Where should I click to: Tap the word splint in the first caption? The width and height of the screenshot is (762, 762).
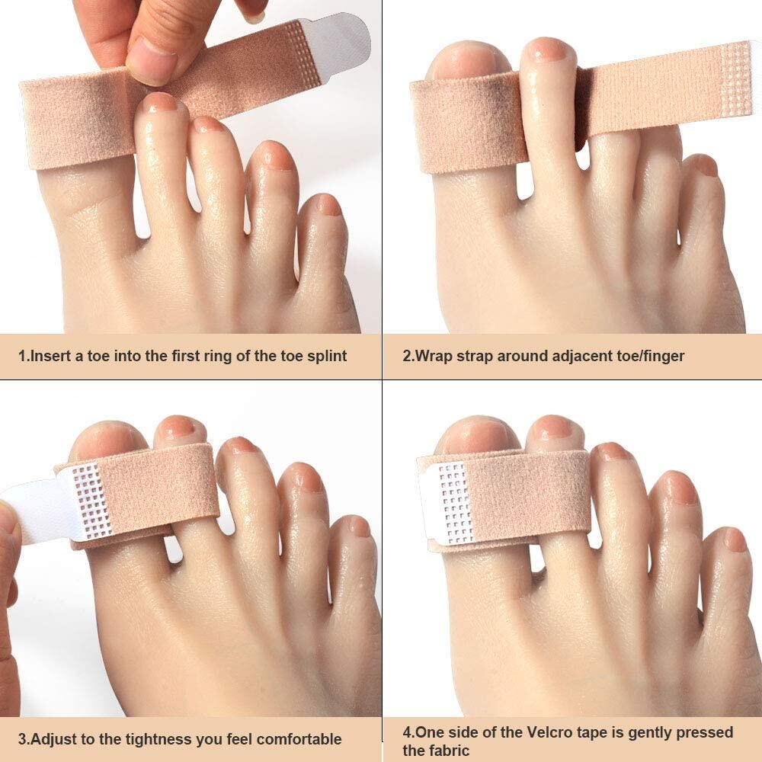(x=325, y=356)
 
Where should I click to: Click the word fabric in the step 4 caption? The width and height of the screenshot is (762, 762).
(x=447, y=751)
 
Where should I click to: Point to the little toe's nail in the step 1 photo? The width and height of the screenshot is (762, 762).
(x=328, y=204)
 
